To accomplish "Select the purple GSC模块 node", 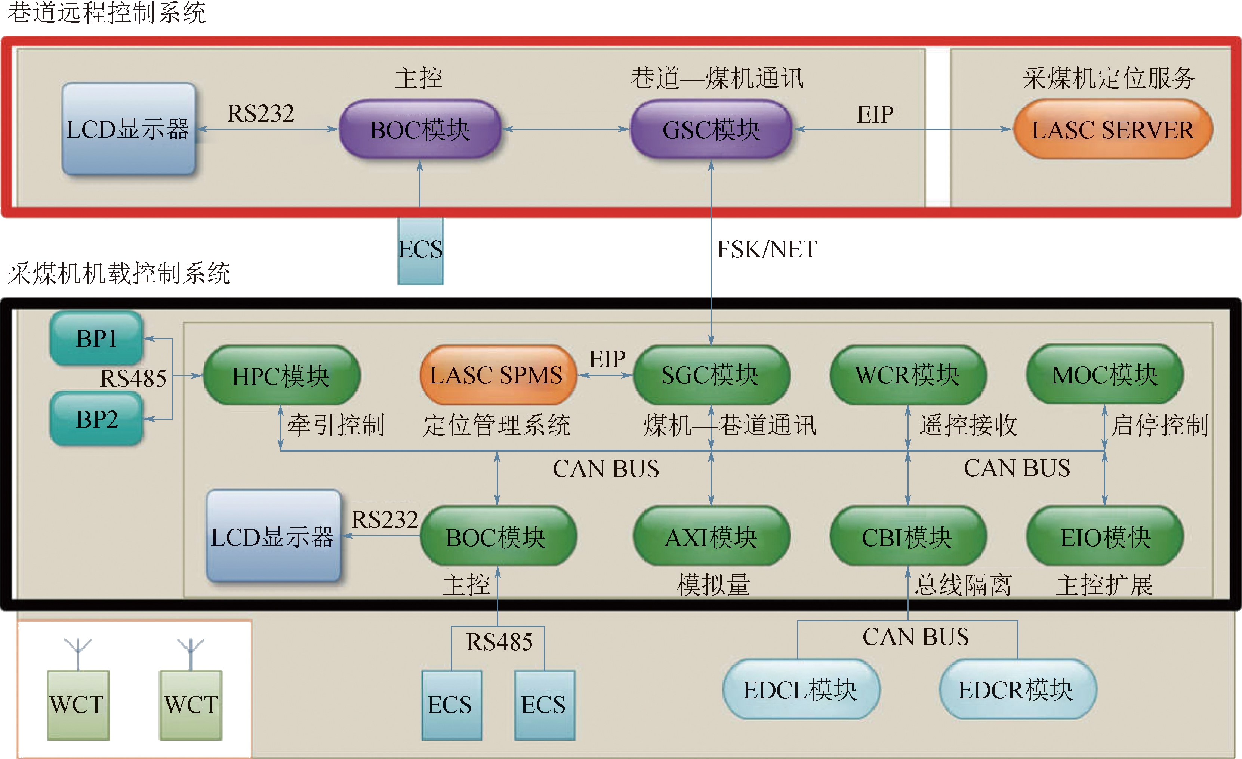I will click(711, 129).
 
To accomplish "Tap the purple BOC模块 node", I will click(420, 129).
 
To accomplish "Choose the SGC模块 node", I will click(711, 375).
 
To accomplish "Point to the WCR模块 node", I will click(908, 375).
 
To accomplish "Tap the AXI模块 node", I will click(711, 536).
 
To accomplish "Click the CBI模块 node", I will click(908, 536).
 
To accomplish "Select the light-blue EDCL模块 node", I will click(801, 689).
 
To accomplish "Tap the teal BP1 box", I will click(96, 338).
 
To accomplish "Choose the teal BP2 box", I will click(96, 419).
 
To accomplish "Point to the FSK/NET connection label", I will click(767, 249).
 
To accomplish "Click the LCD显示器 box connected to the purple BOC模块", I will click(129, 129).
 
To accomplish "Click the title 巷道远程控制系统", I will click(107, 13).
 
